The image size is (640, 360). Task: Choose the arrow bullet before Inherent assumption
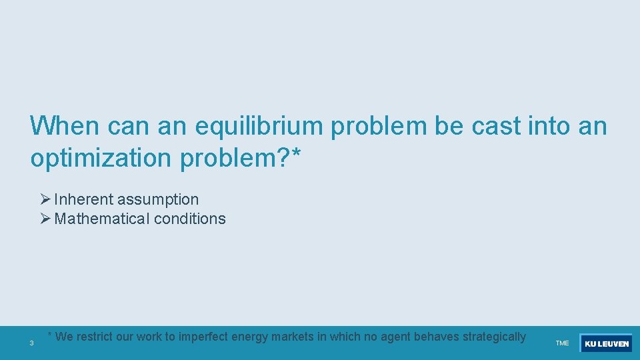(45, 199)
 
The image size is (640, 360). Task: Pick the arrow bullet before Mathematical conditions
(45, 219)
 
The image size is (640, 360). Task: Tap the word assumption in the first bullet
(158, 199)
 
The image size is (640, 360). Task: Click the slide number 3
(31, 343)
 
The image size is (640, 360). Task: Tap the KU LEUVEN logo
(606, 343)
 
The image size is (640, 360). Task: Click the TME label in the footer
(562, 343)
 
